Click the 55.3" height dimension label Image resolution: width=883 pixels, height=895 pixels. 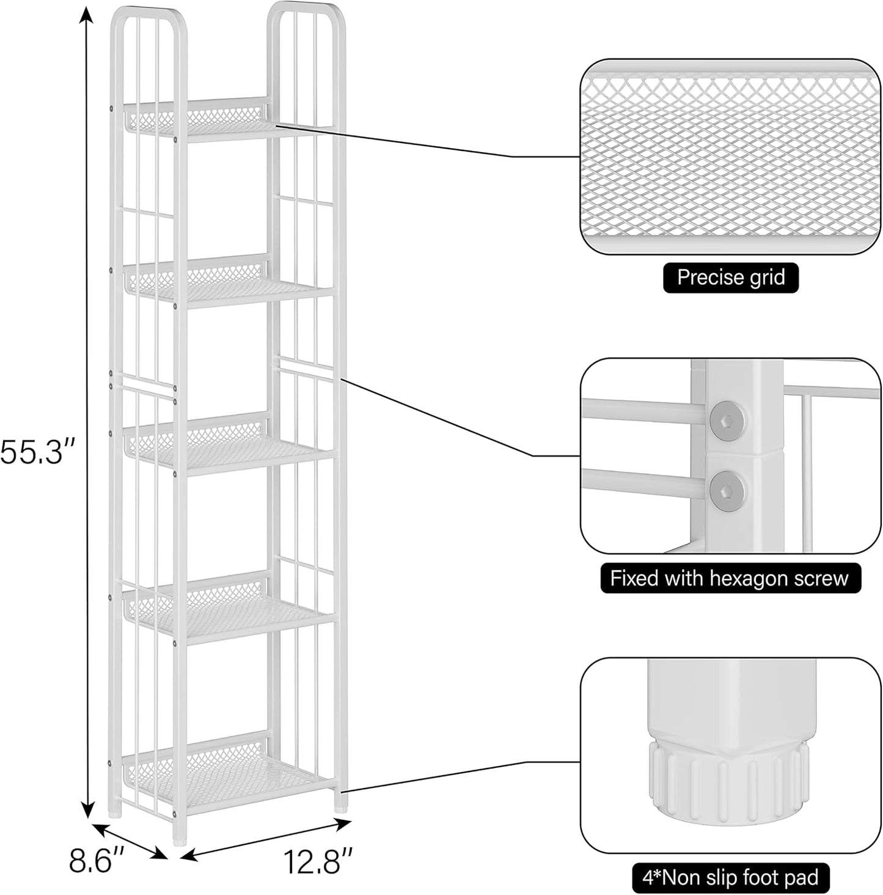[37, 453]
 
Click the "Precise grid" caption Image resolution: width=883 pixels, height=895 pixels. [731, 278]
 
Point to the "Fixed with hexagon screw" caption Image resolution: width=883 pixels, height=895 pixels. [730, 578]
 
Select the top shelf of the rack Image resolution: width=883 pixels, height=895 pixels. [229, 125]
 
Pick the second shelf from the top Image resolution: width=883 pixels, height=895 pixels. [229, 287]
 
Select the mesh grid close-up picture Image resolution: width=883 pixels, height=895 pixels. [725, 157]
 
